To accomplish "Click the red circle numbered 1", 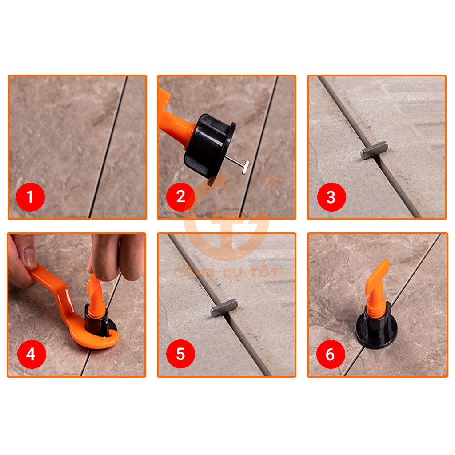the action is (31, 197).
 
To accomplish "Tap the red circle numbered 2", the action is (180, 197).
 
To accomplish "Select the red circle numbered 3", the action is (331, 197).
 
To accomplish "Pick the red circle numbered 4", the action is (32, 354).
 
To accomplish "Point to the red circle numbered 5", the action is (180, 354).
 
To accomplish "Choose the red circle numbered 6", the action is (331, 354).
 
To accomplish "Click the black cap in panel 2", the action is (209, 145).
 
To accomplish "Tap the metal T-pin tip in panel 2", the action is (245, 168).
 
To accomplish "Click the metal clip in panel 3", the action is (374, 150).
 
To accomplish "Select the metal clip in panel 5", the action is (224, 308).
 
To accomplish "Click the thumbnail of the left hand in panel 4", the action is (30, 258).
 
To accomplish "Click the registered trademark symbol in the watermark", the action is (271, 181).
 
